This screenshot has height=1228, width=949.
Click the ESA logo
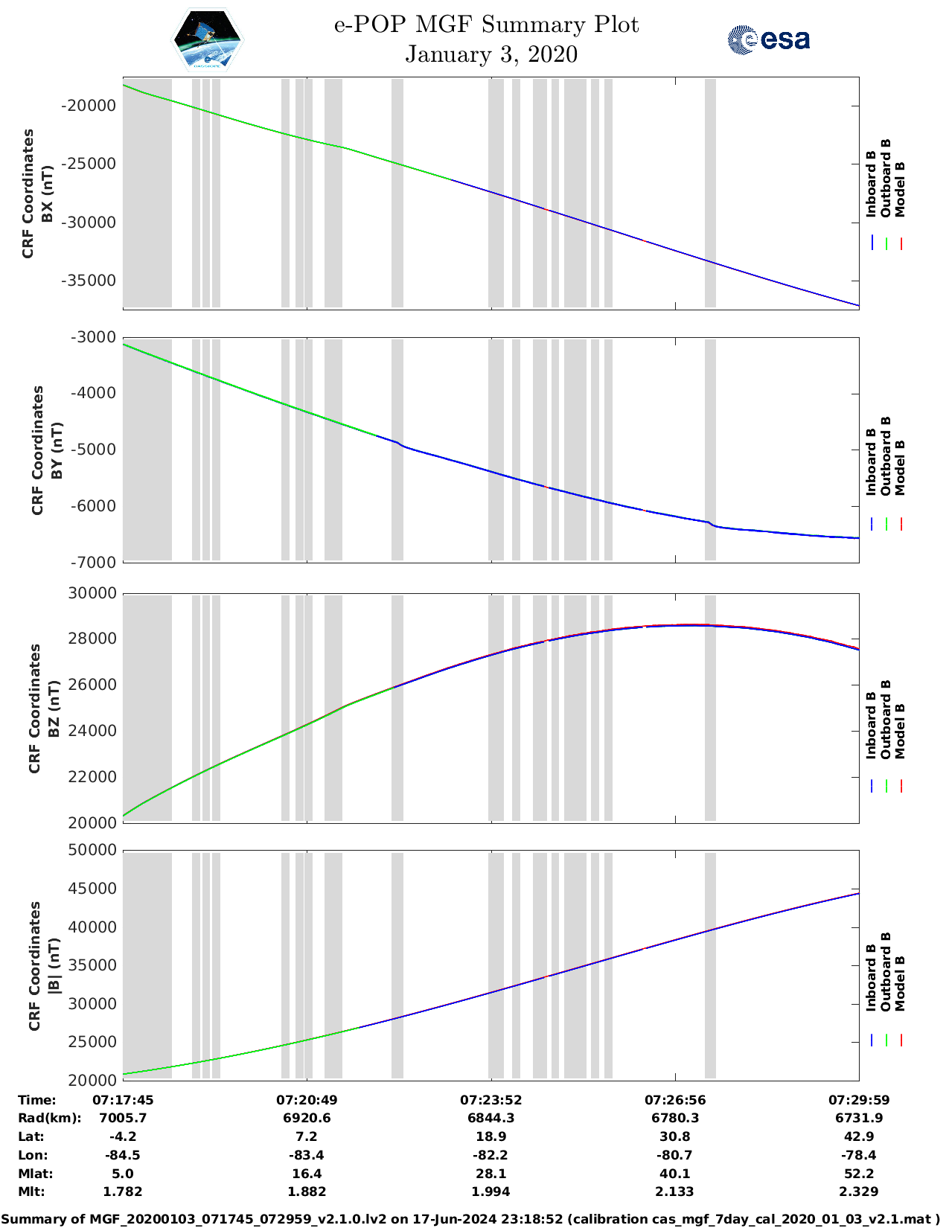coord(768,39)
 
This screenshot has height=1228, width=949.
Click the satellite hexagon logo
coord(208,39)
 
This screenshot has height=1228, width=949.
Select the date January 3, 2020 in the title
coord(491,54)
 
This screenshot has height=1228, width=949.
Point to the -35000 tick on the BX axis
coord(89,281)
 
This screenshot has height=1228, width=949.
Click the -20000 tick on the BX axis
coord(89,106)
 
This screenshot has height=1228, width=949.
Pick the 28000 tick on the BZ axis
coord(92,639)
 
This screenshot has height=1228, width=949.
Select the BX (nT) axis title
coord(47,194)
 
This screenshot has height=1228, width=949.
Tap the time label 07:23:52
coord(491,1100)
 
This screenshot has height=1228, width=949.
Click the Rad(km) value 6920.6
coord(307,1118)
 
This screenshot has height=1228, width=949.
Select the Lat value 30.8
coord(675,1136)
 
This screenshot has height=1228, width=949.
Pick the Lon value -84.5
coord(123,1155)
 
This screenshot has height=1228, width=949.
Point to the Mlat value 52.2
coord(859,1174)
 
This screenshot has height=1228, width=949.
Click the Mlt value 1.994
coord(491,1192)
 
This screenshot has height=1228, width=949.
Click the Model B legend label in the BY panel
coord(901,468)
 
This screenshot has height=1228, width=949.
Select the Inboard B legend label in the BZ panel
coord(871,726)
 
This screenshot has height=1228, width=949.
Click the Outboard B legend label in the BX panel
coord(886,179)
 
